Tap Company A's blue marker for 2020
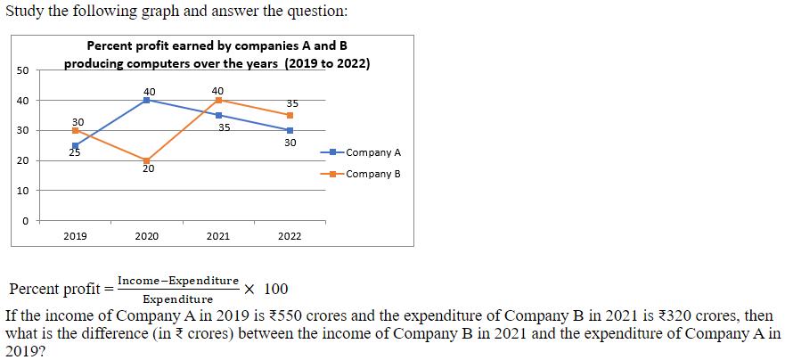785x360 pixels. coord(147,100)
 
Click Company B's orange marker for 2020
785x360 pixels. coord(147,160)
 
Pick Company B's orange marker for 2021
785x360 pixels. coord(218,100)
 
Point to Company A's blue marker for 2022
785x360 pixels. coord(290,130)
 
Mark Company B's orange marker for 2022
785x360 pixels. coord(290,115)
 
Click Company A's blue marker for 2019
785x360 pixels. coord(76,145)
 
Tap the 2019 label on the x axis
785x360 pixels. coord(76,236)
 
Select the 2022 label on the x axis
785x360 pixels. coord(290,236)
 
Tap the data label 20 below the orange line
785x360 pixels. coord(148,169)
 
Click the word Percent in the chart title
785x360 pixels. coord(110,45)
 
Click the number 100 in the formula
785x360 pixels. coord(276,289)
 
